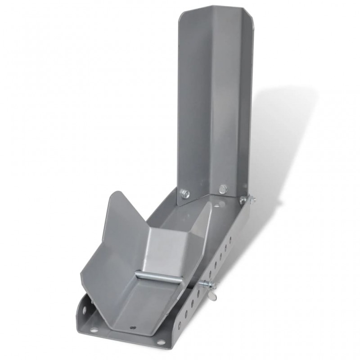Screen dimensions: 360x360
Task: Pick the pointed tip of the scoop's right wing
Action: tap(210, 205)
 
